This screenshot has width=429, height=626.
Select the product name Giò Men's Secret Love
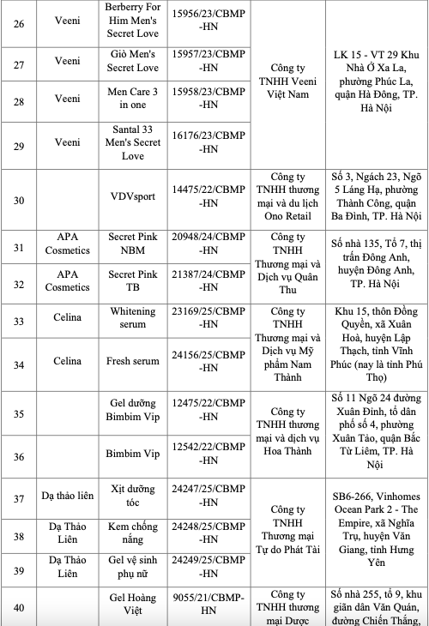pos(133,61)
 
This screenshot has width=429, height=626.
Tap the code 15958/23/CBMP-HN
pos(207,105)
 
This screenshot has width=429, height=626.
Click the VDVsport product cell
pos(133,195)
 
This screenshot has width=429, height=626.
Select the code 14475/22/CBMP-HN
pos(207,195)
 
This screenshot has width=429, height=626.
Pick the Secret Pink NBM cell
pos(133,243)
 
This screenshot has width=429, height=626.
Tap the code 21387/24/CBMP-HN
pos(207,285)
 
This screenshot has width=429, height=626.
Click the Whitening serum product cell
pos(133,318)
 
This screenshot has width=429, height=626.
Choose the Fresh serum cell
pos(133,361)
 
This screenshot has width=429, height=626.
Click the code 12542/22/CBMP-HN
pos(207,459)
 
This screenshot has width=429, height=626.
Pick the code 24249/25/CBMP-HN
pos(207,568)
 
